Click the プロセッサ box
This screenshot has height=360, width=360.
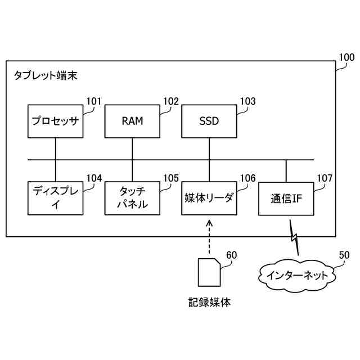pyautogui.click(x=55, y=121)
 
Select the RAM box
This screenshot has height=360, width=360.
pyautogui.click(x=132, y=121)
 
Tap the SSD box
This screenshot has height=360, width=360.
pyautogui.click(x=209, y=121)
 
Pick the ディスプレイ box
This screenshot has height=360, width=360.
pyautogui.click(x=55, y=199)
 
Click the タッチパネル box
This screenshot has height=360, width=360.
pyautogui.click(x=132, y=199)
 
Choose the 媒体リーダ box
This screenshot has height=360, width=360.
pyautogui.click(x=209, y=199)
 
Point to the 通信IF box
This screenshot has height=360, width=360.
pyautogui.click(x=286, y=199)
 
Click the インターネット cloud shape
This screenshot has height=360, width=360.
pyautogui.click(x=297, y=276)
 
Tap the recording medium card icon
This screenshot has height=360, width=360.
pyautogui.click(x=209, y=272)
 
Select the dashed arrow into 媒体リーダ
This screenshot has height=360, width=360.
pyautogui.click(x=209, y=237)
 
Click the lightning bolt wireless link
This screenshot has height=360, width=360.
pyautogui.click(x=294, y=237)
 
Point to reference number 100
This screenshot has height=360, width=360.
pyautogui.click(x=346, y=57)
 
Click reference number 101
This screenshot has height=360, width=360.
pyautogui.click(x=94, y=101)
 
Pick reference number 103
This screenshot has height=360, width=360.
pyautogui.click(x=247, y=101)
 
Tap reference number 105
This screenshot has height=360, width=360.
pyautogui.click(x=171, y=178)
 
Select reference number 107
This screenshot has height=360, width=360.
pyautogui.click(x=325, y=178)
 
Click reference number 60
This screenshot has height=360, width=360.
pyautogui.click(x=231, y=255)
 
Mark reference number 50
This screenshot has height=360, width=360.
pyautogui.click(x=344, y=255)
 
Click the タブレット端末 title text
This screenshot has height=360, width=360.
pyautogui.click(x=46, y=75)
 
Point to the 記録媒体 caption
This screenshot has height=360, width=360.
pyautogui.click(x=209, y=303)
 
